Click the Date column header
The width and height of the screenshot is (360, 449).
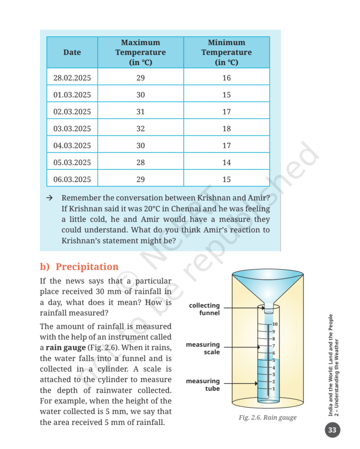tap(72, 52)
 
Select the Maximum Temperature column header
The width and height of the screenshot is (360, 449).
tap(140, 52)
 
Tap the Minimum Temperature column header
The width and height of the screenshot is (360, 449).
tap(226, 52)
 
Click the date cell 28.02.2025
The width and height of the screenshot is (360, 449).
tap(72, 78)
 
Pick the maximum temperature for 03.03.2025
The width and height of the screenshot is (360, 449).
tap(140, 128)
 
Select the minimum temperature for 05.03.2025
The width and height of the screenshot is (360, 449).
tap(226, 162)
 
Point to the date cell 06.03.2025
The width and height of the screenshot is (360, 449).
tap(72, 179)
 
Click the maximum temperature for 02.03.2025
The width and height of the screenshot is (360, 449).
tap(140, 112)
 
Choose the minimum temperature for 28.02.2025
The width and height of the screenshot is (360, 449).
tap(226, 78)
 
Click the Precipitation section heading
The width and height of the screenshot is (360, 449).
tap(79, 267)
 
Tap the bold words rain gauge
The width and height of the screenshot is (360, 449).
tap(65, 348)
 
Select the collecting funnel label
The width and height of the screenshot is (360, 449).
tap(204, 309)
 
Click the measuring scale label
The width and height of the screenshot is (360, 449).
tap(203, 348)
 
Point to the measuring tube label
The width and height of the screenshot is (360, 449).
tap(203, 385)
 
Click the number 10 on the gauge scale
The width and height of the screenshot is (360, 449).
tap(275, 324)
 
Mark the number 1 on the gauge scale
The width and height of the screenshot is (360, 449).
tap(274, 388)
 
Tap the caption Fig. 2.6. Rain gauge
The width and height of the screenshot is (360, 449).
tap(267, 417)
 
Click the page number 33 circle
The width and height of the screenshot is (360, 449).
tap(332, 430)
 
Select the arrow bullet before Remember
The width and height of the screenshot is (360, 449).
tap(50, 198)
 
